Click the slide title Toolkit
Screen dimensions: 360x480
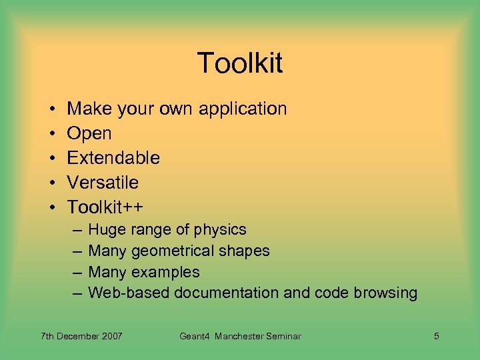click(240, 64)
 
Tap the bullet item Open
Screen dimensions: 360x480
click(89, 133)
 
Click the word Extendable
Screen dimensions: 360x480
click(113, 158)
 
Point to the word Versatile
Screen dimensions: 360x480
click(103, 183)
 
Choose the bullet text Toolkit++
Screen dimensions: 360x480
click(105, 207)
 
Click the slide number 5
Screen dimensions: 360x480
click(436, 336)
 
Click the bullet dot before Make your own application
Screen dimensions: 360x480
click(51, 109)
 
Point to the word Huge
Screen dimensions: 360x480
click(103, 230)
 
